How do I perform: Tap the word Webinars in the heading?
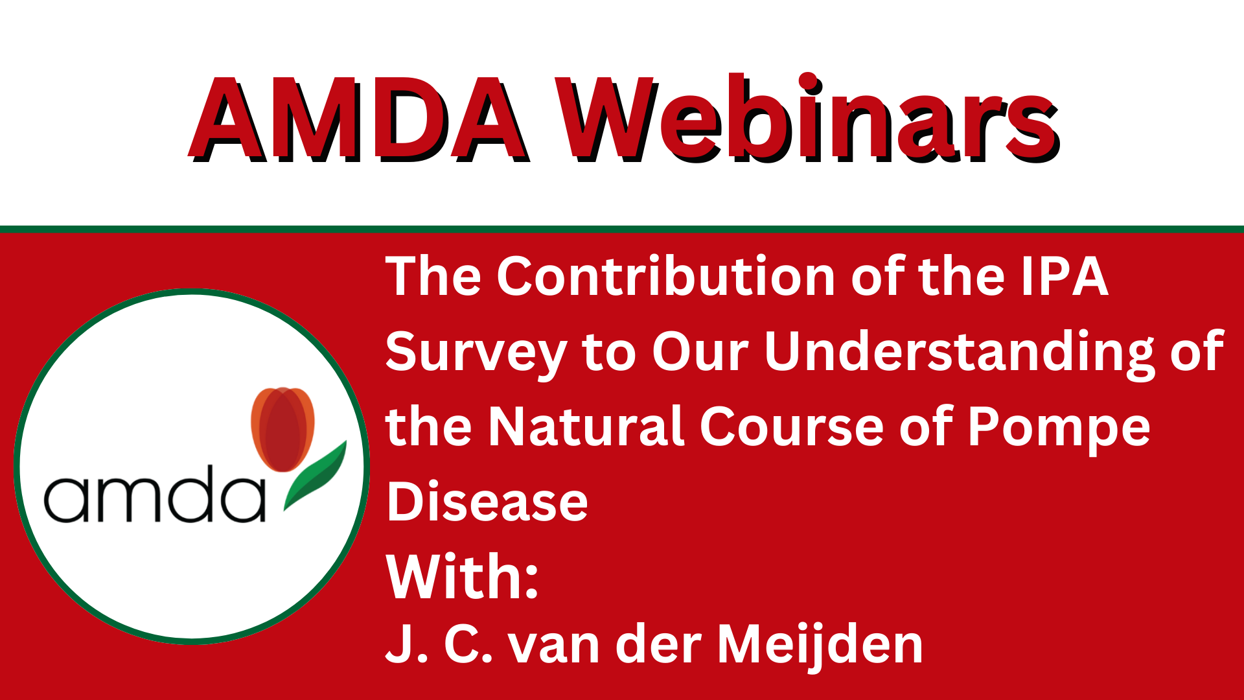point(807,118)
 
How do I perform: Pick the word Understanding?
point(960,353)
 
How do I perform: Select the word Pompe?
point(1059,429)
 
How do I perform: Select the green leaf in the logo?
point(315,476)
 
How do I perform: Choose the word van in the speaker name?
point(555,649)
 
